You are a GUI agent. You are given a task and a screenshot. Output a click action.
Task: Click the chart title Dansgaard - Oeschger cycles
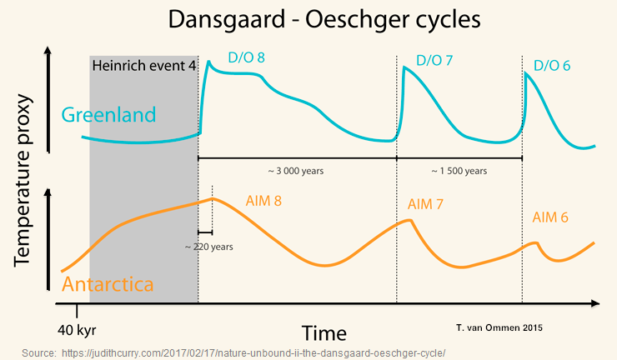pos(308,20)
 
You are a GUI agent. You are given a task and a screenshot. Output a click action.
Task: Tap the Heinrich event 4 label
pos(143,66)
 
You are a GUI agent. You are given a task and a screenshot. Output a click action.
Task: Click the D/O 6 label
pos(551,65)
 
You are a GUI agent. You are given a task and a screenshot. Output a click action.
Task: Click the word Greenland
pos(109,115)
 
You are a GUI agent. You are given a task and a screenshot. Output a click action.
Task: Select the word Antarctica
pos(108,283)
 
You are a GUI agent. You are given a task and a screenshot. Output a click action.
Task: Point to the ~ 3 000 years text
pos(295,171)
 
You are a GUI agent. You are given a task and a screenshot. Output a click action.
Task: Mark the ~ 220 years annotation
pos(208,247)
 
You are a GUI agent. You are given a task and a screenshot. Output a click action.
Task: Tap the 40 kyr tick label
pos(77,328)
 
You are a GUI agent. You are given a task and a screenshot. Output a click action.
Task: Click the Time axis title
pos(324,333)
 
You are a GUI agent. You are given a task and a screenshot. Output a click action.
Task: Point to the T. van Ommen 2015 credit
pos(499,328)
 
